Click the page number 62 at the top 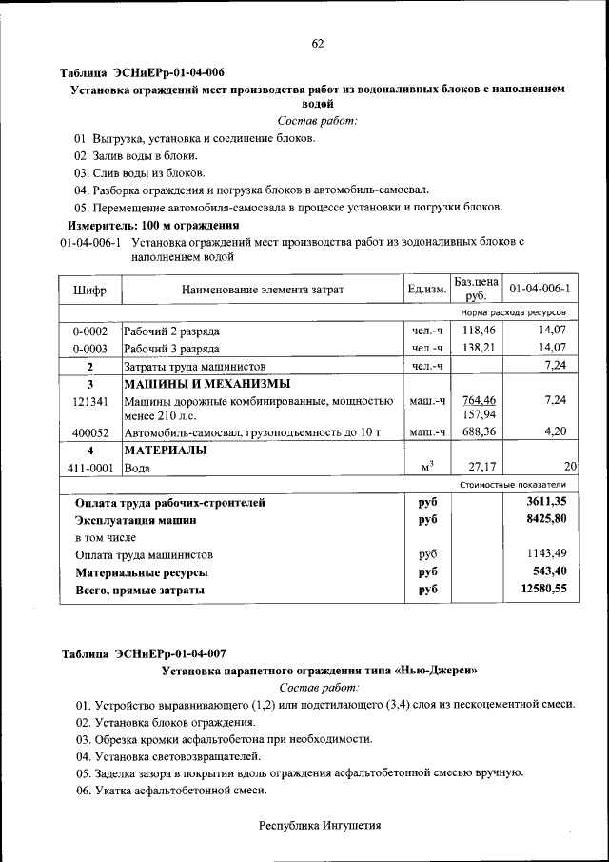318,43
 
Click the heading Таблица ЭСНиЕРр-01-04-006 143,72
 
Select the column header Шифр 89,289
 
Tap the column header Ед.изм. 426,289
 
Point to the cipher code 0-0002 89,331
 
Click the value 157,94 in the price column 479,415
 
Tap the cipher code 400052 89,433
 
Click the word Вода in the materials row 137,468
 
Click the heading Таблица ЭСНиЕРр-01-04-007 143,653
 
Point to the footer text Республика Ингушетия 320,826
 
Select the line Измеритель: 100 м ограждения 152,226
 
